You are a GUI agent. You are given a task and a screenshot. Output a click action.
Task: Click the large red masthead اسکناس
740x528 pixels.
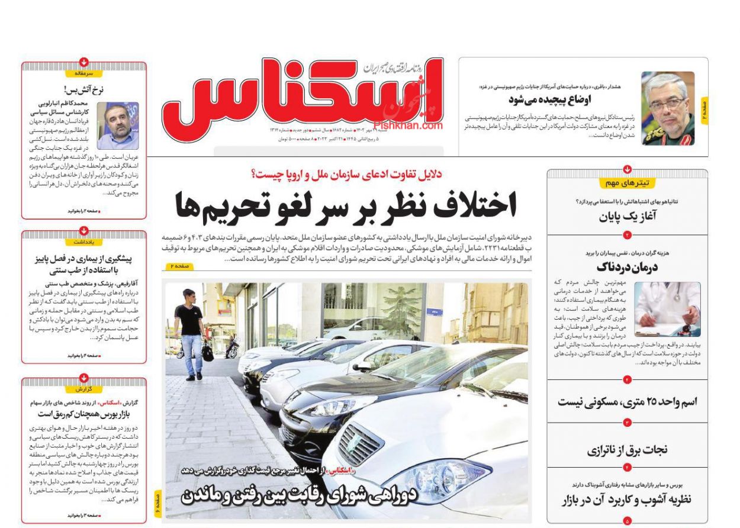click(302, 98)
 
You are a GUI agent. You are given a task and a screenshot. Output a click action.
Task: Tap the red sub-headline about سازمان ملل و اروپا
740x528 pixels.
click(346, 174)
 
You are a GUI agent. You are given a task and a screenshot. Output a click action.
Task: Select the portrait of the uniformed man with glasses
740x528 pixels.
click(667, 109)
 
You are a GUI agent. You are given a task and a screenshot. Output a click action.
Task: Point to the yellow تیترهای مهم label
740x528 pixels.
click(627, 183)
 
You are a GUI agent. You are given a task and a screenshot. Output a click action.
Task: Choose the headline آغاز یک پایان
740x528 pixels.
click(627, 216)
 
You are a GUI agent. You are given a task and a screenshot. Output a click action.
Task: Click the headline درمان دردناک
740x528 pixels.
click(627, 267)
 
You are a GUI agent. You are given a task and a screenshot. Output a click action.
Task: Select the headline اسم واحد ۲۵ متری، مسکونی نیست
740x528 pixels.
click(627, 402)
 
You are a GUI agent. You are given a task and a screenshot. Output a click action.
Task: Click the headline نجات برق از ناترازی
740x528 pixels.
click(627, 450)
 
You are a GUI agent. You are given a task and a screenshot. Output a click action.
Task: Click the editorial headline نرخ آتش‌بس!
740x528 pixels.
click(84, 91)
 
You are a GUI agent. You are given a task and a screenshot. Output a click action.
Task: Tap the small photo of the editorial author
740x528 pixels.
click(118, 125)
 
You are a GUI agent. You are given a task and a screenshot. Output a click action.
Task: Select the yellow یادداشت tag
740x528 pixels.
click(84, 242)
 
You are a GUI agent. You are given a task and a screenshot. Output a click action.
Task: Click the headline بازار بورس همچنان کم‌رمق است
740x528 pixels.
click(84, 413)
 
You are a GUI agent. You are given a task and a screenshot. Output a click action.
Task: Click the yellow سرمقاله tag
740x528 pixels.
click(84, 73)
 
